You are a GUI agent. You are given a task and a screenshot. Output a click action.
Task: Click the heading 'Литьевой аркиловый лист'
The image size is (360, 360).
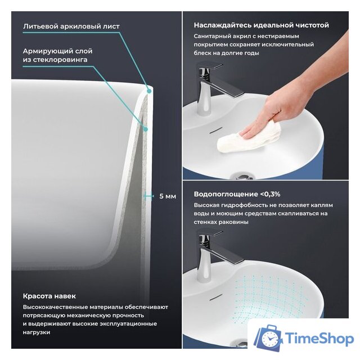[x=71, y=26]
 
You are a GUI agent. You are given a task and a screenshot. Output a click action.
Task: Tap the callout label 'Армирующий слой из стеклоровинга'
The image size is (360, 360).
[x=57, y=55]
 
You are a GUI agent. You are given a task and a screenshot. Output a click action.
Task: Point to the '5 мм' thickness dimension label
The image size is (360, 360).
[x=168, y=196]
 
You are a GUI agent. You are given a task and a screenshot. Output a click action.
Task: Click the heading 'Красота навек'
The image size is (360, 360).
[x=49, y=296]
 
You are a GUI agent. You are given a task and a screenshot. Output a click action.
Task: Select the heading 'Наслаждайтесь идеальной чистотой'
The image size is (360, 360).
[x=261, y=25]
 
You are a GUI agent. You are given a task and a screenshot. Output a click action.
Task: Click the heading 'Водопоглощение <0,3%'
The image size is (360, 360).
[x=237, y=194]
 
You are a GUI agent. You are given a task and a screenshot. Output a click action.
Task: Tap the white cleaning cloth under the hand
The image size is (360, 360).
[x=249, y=138]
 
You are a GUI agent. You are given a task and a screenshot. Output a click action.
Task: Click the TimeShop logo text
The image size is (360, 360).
[x=319, y=339]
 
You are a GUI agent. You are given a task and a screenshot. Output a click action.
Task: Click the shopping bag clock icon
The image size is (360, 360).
[x=268, y=337]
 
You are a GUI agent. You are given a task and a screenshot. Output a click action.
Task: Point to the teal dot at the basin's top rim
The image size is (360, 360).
[x=149, y=91]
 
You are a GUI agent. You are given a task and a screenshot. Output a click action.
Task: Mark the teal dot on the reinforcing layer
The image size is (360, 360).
[x=145, y=129]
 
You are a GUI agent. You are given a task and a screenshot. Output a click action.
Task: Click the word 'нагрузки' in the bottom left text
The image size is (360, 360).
[x=37, y=332]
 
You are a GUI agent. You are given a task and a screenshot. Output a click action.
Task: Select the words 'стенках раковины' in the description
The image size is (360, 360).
[x=221, y=222]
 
